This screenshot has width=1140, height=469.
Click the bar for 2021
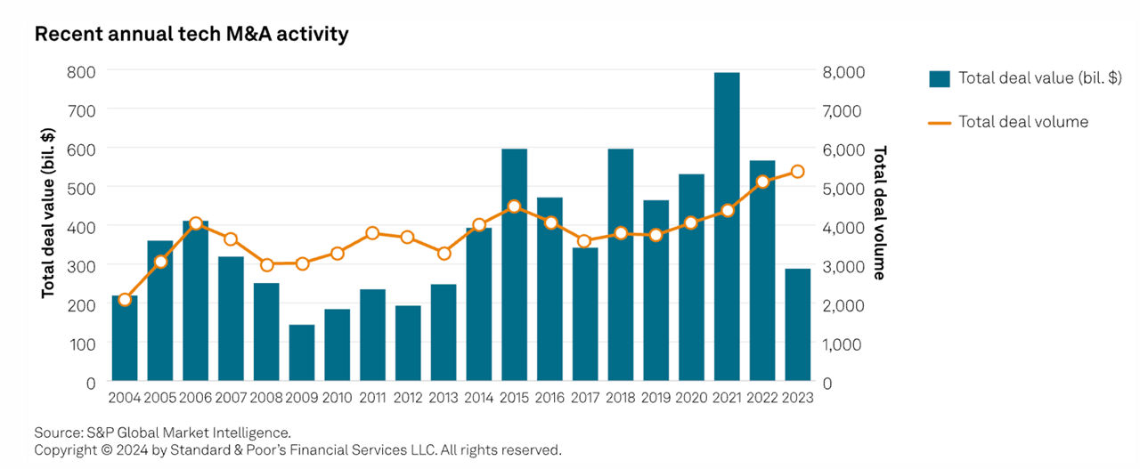727,227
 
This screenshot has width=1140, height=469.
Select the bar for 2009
302,353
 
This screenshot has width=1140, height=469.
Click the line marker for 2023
798,172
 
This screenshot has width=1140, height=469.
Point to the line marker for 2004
125,300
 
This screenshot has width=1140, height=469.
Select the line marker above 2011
372,233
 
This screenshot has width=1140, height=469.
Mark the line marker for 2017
585,241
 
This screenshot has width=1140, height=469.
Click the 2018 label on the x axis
621,399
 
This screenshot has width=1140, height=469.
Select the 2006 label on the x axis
196,399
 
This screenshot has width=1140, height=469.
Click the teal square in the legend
939,78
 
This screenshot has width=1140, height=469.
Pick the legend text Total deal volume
1023,122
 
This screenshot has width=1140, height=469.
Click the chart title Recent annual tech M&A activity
191,35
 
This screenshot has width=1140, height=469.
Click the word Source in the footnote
56,433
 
